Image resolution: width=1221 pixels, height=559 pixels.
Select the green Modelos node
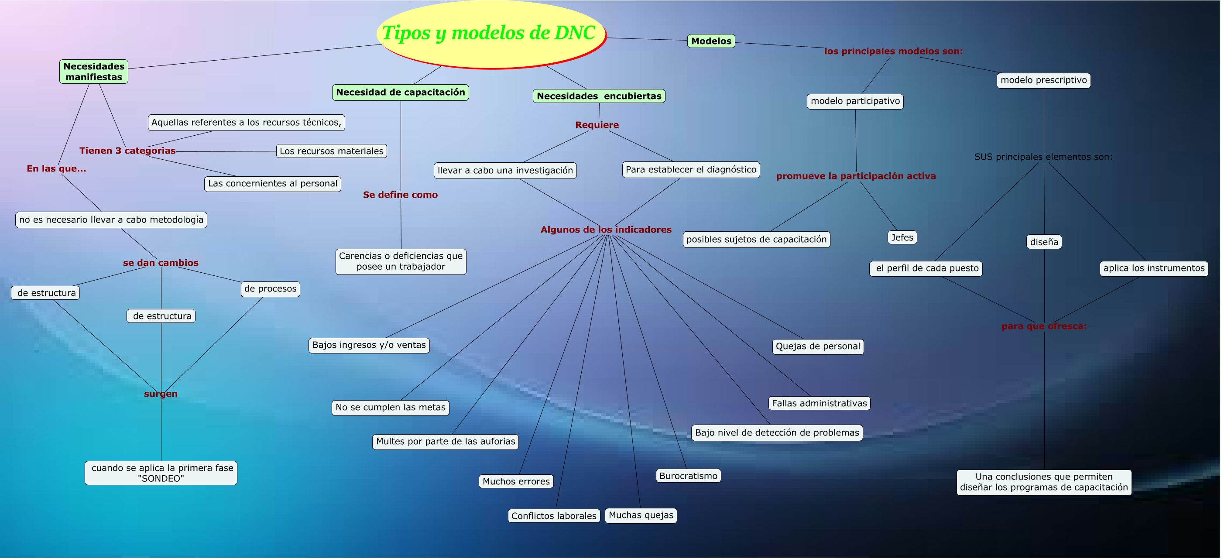(711, 41)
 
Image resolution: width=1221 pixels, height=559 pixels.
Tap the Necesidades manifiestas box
(94, 72)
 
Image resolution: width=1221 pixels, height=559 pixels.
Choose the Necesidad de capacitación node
(401, 93)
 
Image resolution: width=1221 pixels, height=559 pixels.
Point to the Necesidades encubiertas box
(599, 96)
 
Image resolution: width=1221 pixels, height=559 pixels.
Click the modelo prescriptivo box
(1043, 80)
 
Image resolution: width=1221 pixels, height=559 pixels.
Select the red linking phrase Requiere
(597, 125)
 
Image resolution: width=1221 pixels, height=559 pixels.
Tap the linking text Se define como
(400, 195)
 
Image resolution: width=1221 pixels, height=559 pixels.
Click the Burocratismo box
(688, 476)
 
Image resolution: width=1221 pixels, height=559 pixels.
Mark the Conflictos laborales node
(554, 516)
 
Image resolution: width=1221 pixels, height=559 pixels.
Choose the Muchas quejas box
(641, 515)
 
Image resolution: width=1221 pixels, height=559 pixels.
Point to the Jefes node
(902, 237)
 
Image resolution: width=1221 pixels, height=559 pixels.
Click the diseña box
(1044, 242)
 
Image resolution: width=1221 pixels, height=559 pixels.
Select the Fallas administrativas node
(819, 404)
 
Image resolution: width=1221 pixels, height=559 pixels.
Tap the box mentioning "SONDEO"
(161, 473)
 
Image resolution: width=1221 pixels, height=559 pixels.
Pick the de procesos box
(270, 289)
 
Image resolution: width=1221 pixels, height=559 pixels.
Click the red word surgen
(161, 394)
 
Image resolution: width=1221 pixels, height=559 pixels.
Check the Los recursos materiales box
(331, 151)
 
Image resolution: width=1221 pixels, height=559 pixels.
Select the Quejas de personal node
(818, 346)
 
